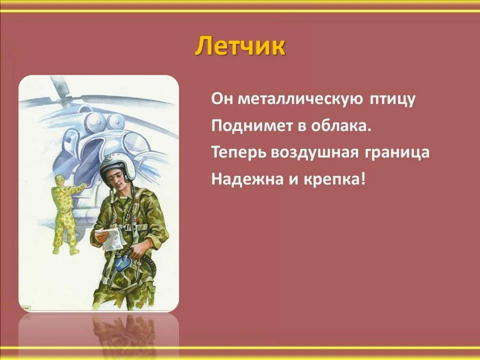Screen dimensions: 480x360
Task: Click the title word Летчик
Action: (240, 46)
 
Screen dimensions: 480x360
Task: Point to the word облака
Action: (341, 125)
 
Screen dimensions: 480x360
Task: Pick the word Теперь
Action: (238, 152)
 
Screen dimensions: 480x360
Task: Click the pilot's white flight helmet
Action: (117, 168)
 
